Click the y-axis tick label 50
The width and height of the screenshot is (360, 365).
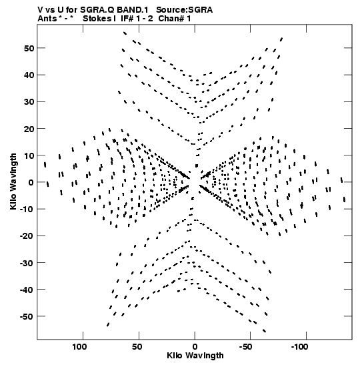pyautogui.click(x=29, y=48)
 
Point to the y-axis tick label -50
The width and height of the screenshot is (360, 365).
pyautogui.click(x=27, y=316)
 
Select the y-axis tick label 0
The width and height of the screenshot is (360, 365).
pyautogui.click(x=31, y=182)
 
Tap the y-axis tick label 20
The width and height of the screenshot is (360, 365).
pyautogui.click(x=29, y=129)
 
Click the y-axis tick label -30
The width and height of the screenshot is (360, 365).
pyautogui.click(x=27, y=263)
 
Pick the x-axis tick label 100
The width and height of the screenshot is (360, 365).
pyautogui.click(x=79, y=347)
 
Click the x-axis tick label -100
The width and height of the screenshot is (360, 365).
pyautogui.click(x=300, y=347)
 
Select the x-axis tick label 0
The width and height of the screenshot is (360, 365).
pyautogui.click(x=195, y=347)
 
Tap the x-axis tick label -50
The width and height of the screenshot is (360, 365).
pyautogui.click(x=246, y=347)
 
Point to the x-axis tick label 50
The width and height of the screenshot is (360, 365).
pyautogui.click(x=137, y=347)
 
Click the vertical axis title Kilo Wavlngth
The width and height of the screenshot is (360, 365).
pyautogui.click(x=13, y=181)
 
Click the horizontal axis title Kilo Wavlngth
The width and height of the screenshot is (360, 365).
pyautogui.click(x=195, y=356)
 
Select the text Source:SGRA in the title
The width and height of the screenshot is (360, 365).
pyautogui.click(x=184, y=10)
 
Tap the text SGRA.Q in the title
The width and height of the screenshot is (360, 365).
pyautogui.click(x=97, y=10)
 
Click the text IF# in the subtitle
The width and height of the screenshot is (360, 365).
pyautogui.click(x=127, y=19)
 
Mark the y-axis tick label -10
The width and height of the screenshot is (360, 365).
pyautogui.click(x=27, y=209)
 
